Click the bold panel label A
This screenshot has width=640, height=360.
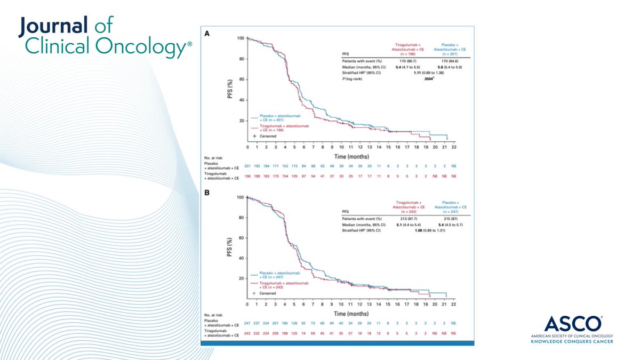coord(207,33)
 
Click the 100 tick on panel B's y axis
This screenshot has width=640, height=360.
coord(240,197)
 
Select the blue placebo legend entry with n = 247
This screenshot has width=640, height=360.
coord(281,274)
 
